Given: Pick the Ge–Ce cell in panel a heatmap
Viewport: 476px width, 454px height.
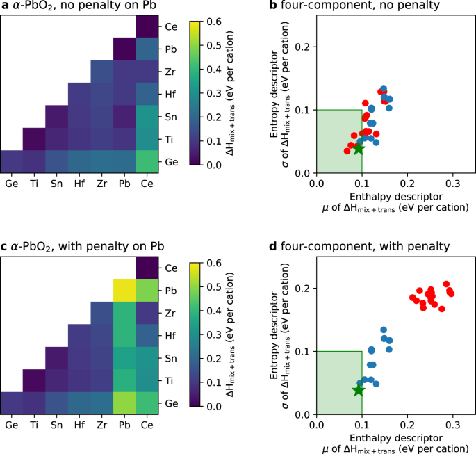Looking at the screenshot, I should pyautogui.click(x=147, y=160).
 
